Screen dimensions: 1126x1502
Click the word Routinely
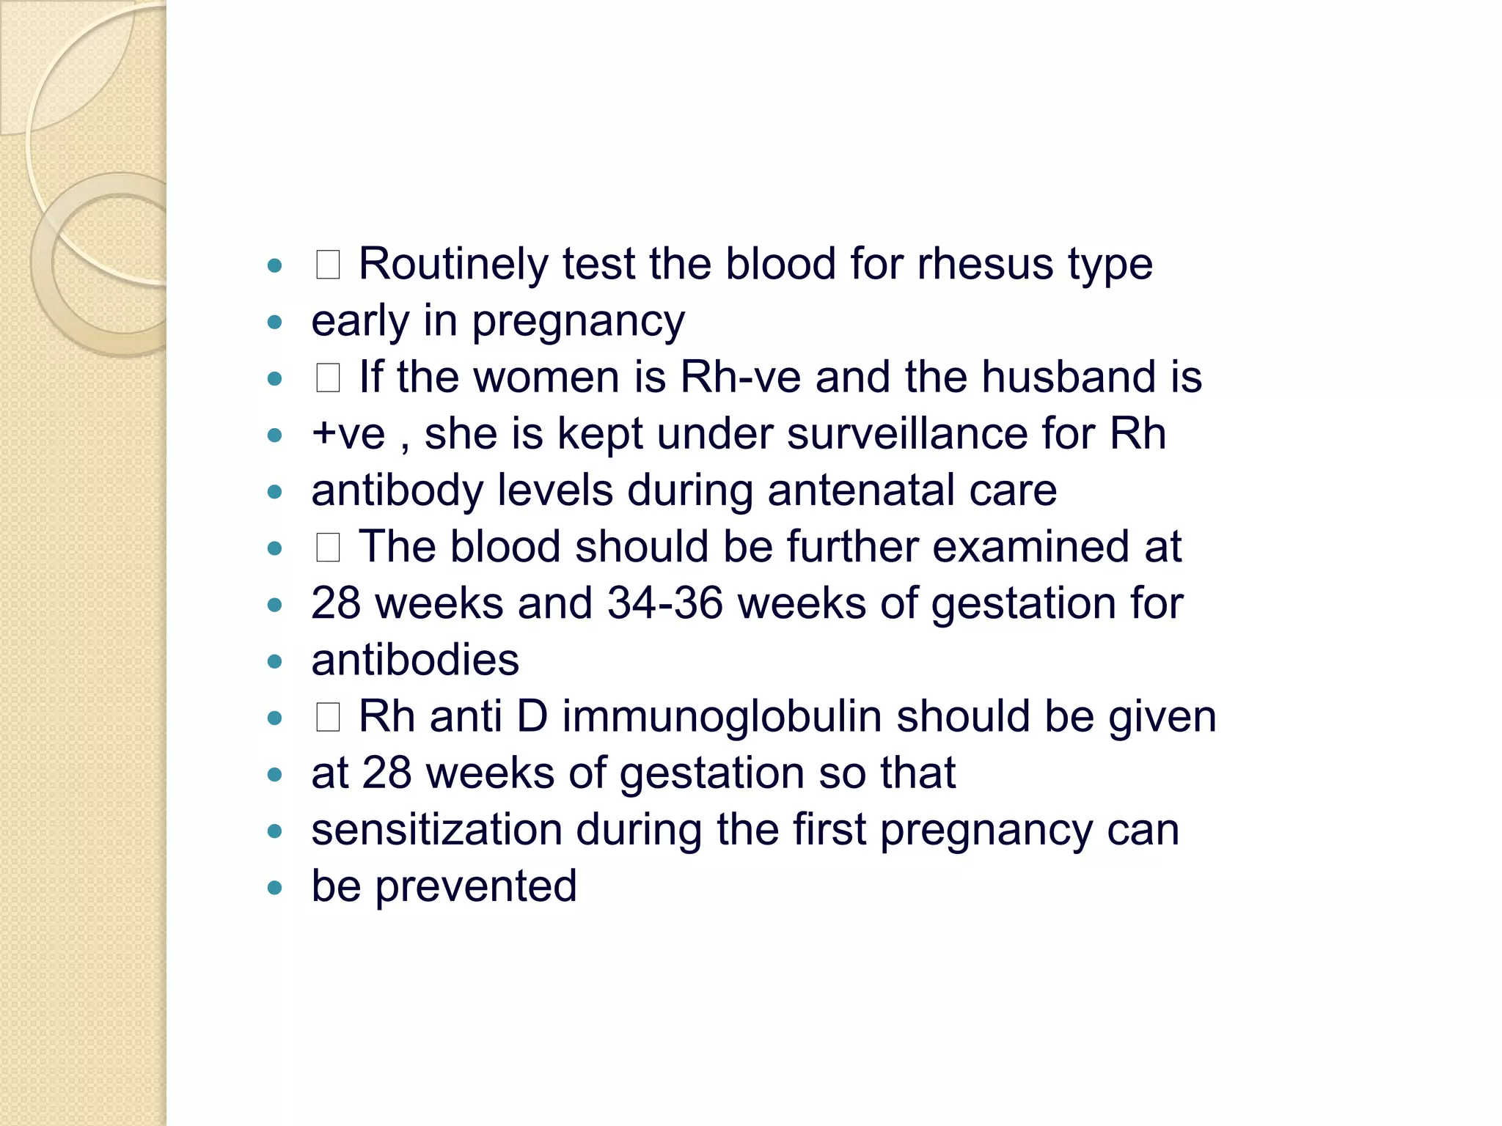[x=453, y=265]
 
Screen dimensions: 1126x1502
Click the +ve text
[x=348, y=434]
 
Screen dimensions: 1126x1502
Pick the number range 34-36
[x=665, y=603]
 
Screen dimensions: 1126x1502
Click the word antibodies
[x=415, y=660]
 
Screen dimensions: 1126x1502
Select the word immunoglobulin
[x=722, y=716]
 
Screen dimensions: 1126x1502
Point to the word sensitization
[x=436, y=830]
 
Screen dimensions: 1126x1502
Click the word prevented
[x=476, y=886]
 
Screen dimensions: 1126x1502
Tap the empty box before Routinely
[x=328, y=265]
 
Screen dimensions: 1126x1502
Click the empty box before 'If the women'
[x=328, y=378]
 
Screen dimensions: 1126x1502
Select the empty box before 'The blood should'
[x=328, y=548]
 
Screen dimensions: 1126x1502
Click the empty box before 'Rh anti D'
[x=328, y=717]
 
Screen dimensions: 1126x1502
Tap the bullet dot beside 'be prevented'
[x=275, y=888]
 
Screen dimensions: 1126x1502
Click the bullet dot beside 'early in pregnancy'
[x=275, y=323]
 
